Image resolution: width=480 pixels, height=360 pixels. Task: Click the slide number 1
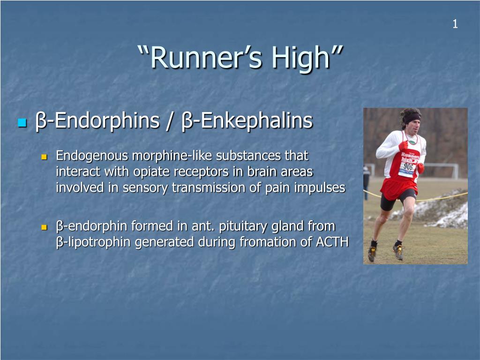click(x=455, y=24)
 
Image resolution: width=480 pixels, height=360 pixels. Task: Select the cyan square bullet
click(x=22, y=122)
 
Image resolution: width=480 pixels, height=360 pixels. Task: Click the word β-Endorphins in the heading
click(x=97, y=120)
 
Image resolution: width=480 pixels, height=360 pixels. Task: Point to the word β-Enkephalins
click(x=247, y=120)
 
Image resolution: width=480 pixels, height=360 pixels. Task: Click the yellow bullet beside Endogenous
click(x=44, y=157)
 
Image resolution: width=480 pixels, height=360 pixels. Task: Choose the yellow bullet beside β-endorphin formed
click(x=44, y=227)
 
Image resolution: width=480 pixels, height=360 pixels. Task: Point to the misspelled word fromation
click(x=268, y=242)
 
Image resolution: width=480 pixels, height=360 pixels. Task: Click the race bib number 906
click(x=408, y=166)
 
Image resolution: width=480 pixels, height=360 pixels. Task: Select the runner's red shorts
click(x=399, y=188)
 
